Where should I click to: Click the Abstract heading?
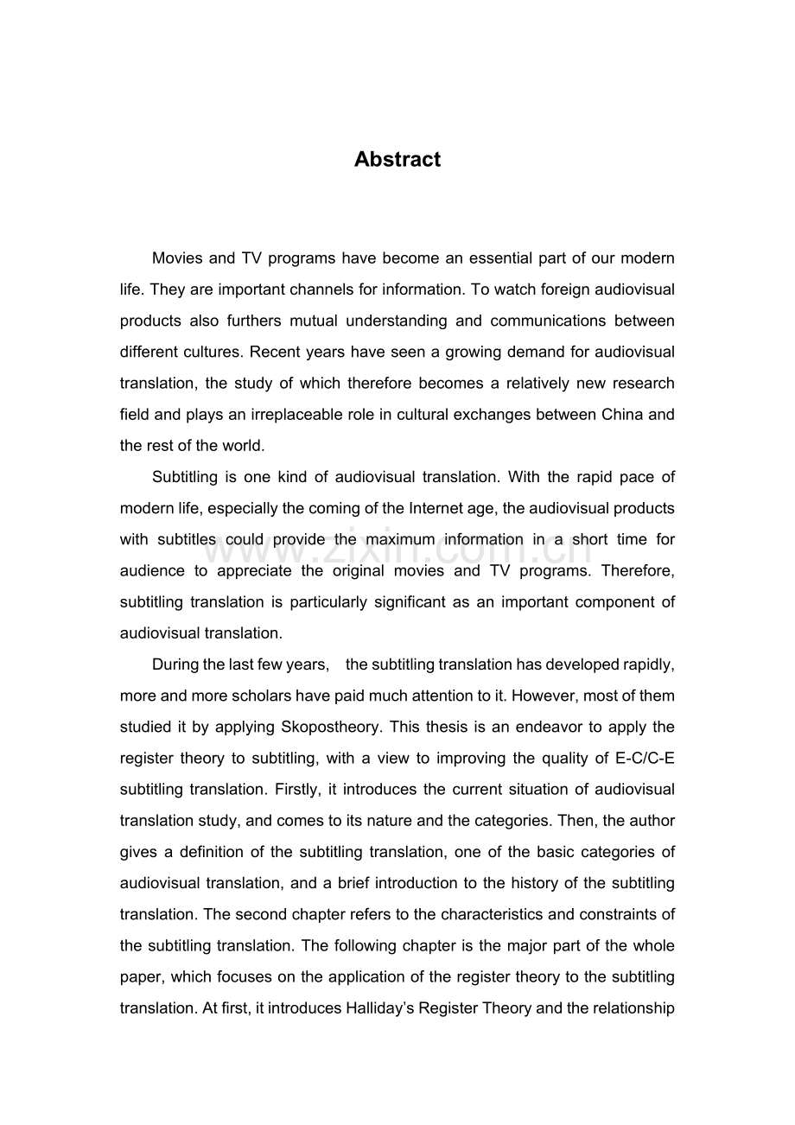[397, 160]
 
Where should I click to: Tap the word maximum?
[400, 539]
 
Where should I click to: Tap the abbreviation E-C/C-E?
[645, 758]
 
